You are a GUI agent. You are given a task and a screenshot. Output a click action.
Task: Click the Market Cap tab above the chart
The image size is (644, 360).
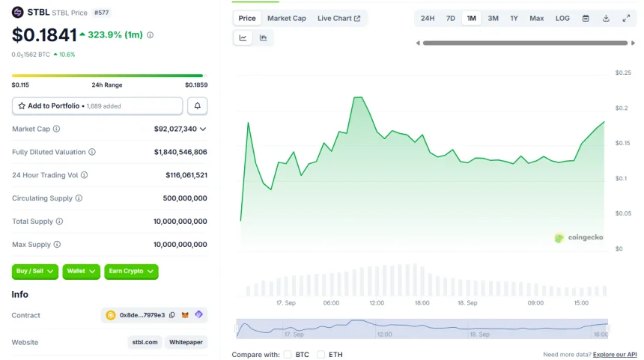[x=286, y=18]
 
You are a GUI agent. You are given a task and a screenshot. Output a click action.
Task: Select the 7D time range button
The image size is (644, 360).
[x=451, y=18]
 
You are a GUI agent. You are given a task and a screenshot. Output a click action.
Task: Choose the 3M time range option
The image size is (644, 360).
[x=493, y=18]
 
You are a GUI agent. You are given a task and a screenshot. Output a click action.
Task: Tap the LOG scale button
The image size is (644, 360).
[x=562, y=18]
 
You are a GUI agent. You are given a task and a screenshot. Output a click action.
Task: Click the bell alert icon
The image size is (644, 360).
[x=198, y=106]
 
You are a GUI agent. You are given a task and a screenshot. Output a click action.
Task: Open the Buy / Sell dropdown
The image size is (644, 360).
[x=35, y=271]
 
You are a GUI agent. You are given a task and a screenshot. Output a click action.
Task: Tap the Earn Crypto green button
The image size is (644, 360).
[x=131, y=271]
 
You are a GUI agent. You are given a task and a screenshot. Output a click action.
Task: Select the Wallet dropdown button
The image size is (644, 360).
[x=81, y=271]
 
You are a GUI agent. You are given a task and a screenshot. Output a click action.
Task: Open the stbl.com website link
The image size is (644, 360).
[x=145, y=342]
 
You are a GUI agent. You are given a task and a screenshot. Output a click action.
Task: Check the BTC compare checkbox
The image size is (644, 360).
[x=288, y=354]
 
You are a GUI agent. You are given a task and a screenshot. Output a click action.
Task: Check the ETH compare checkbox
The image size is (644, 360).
[x=321, y=354]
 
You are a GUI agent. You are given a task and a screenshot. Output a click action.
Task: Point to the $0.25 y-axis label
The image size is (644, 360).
[x=623, y=73]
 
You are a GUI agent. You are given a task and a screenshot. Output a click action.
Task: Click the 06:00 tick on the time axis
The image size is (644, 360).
[x=331, y=303]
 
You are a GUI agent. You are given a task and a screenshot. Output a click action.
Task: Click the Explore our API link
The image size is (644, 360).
[x=615, y=354]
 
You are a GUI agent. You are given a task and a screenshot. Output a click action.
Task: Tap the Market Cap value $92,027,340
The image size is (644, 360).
[x=175, y=129]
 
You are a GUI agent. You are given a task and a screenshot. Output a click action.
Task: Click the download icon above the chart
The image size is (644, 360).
[x=606, y=18]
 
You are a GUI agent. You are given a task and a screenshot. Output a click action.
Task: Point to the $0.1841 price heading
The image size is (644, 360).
[x=44, y=35]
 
